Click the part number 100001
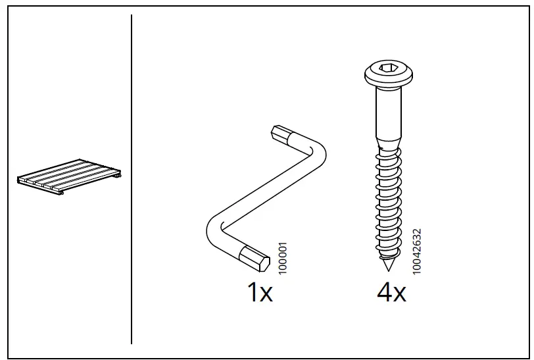[x=283, y=258]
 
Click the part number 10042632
[x=417, y=251]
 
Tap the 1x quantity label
[x=260, y=292]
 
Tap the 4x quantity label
[x=391, y=292]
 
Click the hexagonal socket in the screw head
[x=388, y=68]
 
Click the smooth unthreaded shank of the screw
[x=389, y=112]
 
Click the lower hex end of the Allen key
[x=255, y=259]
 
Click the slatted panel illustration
[x=69, y=176]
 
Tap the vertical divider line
[x=132, y=179]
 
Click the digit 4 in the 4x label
[x=384, y=292]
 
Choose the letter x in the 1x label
[x=266, y=295]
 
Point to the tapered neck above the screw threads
[x=389, y=143]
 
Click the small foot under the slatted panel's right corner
[x=118, y=175]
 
